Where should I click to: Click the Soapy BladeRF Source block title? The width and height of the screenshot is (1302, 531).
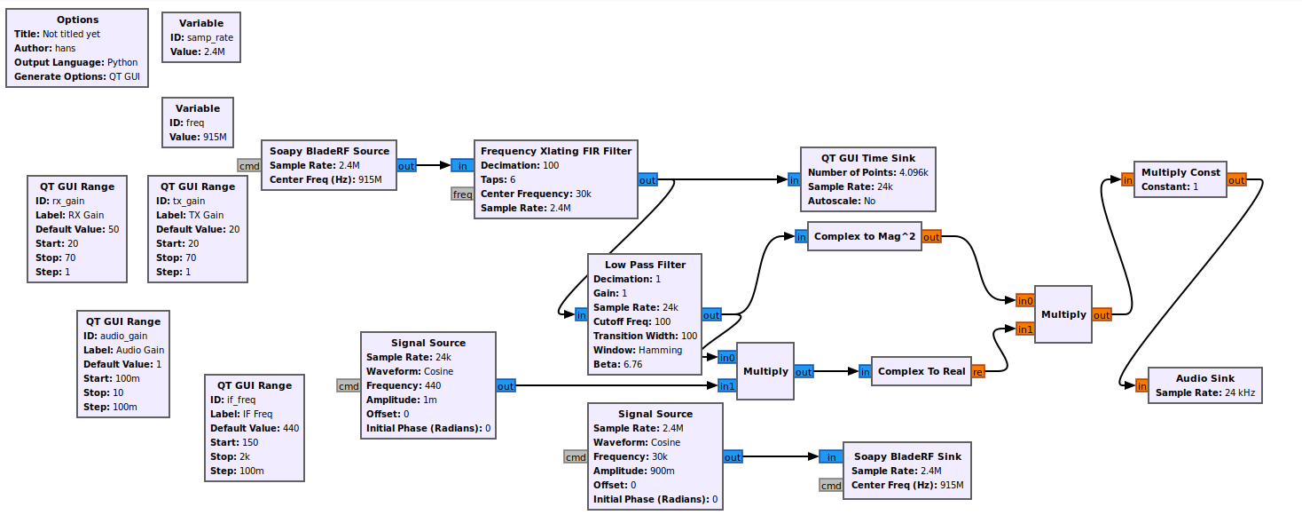[329, 151]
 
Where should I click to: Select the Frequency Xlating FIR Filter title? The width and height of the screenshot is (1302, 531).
[556, 151]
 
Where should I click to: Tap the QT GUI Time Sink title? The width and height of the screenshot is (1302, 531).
[867, 158]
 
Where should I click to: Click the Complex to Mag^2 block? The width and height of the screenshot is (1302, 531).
[865, 236]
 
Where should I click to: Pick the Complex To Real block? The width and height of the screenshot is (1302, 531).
[921, 371]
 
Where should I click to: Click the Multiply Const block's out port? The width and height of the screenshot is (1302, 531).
[1236, 180]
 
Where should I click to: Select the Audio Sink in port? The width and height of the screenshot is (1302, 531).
[1141, 385]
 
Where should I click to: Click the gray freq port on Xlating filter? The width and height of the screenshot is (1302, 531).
[462, 194]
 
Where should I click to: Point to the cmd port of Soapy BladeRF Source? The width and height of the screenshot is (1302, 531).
[249, 165]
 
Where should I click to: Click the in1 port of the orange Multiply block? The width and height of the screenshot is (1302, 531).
[1024, 329]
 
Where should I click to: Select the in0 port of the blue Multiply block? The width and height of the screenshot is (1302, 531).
[726, 357]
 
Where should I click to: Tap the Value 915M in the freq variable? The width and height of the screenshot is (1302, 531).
[198, 138]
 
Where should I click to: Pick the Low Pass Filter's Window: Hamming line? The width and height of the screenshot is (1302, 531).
[638, 350]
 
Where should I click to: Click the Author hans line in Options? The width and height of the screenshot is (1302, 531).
[44, 48]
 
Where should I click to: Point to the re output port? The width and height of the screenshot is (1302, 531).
[977, 371]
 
